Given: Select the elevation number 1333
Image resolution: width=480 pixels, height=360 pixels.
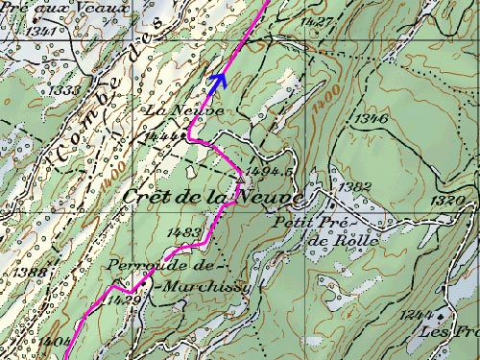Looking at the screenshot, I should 64,90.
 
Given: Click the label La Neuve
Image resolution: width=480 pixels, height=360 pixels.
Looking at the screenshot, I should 172,111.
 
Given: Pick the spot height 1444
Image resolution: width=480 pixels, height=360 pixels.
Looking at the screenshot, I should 164,136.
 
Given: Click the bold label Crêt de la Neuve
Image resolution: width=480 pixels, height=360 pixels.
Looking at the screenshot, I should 213,197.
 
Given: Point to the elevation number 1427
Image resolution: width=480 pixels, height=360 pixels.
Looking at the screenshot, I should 316,21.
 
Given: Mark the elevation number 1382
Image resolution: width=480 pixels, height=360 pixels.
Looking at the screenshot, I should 355,186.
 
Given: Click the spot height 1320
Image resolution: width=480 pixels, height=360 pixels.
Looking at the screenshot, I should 447,201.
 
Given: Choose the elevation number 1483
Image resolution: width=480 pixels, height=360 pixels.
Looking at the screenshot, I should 183,232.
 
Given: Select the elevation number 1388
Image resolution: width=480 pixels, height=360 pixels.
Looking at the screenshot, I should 32,273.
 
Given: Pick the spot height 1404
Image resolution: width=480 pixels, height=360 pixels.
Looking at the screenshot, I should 54,341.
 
